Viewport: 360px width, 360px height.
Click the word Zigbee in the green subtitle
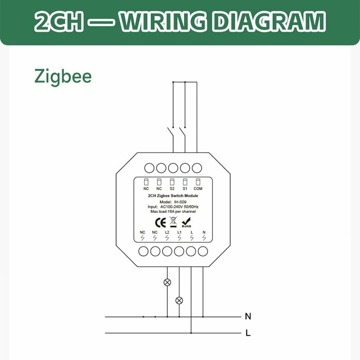tap(63, 77)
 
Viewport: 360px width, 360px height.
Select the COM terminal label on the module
tap(198, 189)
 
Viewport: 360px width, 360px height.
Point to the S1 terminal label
tap(185, 189)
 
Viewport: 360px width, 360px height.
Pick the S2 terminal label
tap(172, 189)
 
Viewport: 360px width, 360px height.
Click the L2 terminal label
tap(167, 232)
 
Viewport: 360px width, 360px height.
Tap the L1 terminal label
tap(179, 232)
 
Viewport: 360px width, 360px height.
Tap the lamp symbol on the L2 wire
tap(167, 282)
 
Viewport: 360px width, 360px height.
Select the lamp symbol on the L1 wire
tap(179, 300)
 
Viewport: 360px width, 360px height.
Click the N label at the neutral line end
tap(248, 317)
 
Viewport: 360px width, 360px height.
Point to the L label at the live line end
tap(248, 333)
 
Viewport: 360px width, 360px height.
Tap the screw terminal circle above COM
tap(197, 167)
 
